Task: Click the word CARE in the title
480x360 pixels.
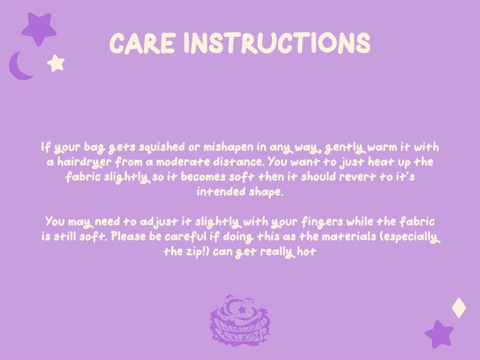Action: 142,43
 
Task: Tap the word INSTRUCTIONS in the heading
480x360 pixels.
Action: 277,43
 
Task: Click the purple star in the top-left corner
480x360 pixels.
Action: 39,29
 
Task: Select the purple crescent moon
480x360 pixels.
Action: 20,66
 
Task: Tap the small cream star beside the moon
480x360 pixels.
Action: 56,64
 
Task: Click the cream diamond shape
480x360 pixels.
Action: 459,308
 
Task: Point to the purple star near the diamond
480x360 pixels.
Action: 439,334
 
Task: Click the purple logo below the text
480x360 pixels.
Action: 239,320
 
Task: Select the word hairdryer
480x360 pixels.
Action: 84,162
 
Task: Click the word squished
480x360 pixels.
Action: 161,147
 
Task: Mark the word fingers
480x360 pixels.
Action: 322,222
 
